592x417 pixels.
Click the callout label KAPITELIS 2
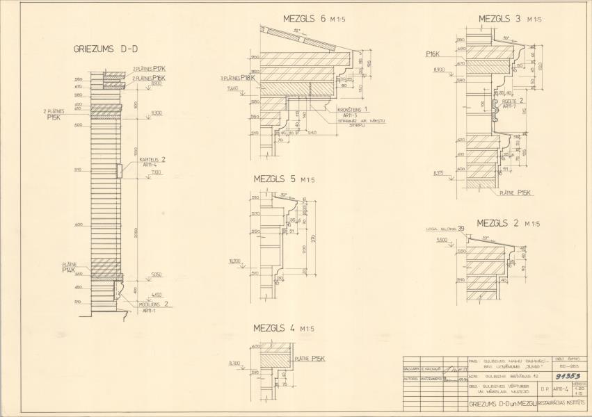pos(153,159)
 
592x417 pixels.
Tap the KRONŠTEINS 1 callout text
pos(353,110)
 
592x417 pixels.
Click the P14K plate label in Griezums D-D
pos(68,270)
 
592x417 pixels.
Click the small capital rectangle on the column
pos(120,170)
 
